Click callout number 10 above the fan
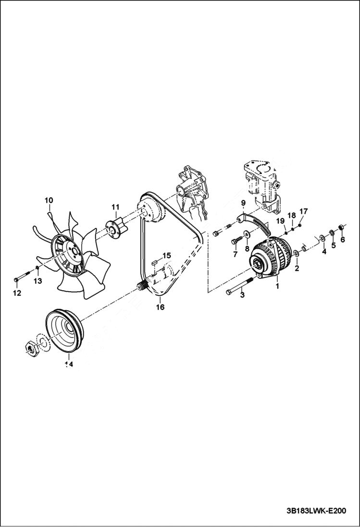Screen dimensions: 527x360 [49, 200]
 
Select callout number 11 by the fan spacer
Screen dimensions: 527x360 [115, 207]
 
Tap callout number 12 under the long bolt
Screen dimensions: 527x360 [17, 293]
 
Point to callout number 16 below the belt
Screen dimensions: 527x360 [160, 306]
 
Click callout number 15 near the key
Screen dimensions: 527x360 [166, 255]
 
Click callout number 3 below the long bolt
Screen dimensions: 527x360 [242, 295]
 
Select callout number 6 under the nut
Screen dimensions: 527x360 [343, 239]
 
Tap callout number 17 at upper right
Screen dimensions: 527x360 [303, 211]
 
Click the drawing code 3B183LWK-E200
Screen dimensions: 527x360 [315, 511]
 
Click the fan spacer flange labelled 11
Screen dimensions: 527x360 [115, 228]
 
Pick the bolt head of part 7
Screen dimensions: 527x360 [236, 240]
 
